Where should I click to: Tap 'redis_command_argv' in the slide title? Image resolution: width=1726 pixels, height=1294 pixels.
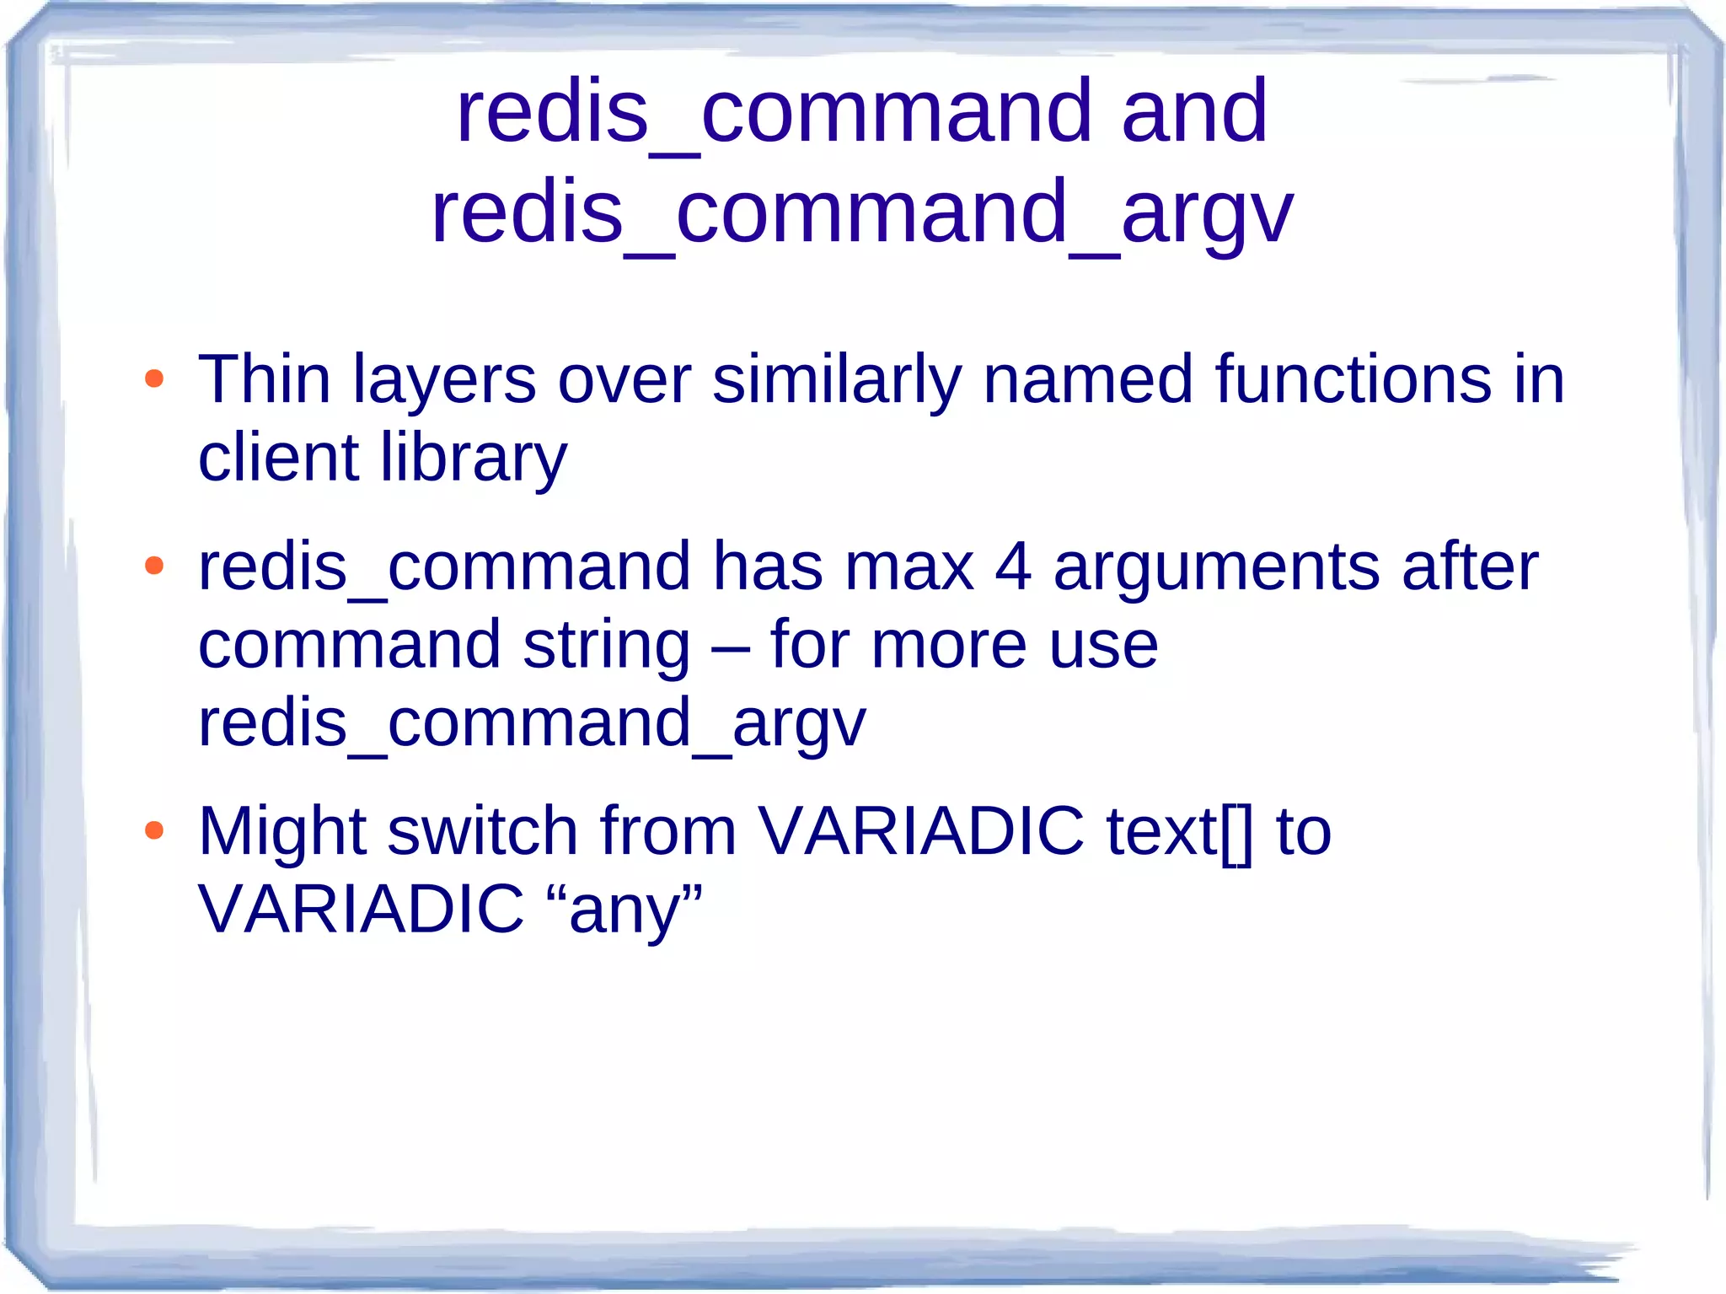(x=861, y=213)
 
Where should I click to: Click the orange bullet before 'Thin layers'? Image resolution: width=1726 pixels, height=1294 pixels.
(x=153, y=379)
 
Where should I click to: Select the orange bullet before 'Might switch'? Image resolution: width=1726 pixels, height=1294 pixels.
(x=153, y=830)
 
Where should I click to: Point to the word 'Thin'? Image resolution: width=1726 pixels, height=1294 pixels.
(x=264, y=380)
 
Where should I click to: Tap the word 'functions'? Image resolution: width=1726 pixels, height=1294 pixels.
(x=1353, y=380)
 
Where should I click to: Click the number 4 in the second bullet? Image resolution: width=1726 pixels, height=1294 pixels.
(x=1012, y=567)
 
